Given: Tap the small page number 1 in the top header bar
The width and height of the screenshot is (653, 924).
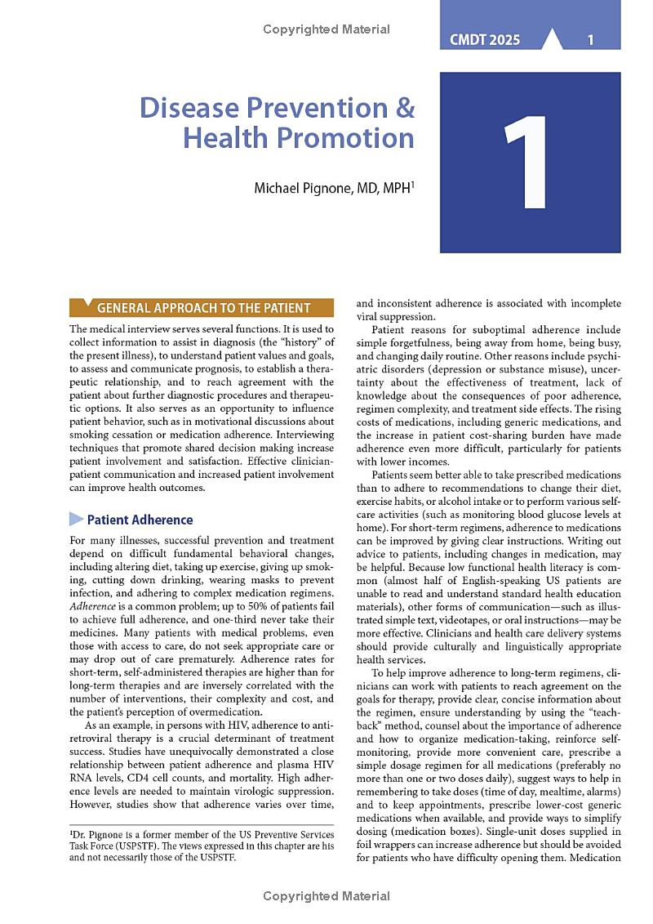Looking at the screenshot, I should coord(590,39).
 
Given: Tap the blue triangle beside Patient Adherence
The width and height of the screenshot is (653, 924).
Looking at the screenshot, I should coord(76,519).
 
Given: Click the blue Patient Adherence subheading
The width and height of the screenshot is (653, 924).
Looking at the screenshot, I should coord(140,520).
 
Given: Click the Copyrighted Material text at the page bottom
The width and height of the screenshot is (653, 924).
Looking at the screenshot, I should coord(326,896).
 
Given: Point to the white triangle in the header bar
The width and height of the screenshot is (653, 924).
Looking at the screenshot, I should coord(552,38).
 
